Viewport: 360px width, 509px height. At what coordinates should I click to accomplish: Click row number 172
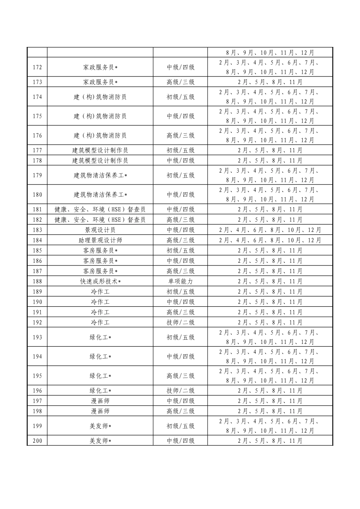(37, 67)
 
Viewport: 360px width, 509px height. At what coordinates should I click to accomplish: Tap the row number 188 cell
(37, 281)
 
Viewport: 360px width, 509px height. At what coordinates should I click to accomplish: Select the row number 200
(37, 441)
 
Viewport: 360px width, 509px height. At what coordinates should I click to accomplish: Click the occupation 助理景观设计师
(100, 240)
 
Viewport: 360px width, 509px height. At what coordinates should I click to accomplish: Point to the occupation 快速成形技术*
(100, 281)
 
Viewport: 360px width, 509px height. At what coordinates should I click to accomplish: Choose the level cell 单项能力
(180, 281)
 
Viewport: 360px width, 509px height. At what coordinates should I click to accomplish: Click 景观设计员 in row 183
(100, 230)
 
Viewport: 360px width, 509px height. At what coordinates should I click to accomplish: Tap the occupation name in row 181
(100, 209)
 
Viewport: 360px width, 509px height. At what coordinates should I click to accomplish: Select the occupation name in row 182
(100, 220)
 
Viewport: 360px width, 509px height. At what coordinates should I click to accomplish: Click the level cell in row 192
(180, 323)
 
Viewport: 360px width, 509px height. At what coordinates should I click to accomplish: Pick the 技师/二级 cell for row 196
(180, 391)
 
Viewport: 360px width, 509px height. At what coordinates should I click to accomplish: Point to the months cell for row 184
(270, 240)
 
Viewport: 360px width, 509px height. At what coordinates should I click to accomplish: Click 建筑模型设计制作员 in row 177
(100, 150)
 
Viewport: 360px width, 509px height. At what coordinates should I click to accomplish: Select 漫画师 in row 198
(100, 411)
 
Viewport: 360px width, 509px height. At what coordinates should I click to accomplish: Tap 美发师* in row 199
(100, 426)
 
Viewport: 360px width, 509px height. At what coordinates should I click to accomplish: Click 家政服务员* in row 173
(100, 82)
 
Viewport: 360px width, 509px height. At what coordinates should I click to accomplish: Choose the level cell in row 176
(180, 136)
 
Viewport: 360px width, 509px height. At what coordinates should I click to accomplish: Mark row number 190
(37, 302)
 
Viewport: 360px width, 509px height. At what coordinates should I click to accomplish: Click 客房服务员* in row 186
(100, 261)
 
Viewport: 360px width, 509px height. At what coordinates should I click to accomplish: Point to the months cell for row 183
(270, 230)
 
